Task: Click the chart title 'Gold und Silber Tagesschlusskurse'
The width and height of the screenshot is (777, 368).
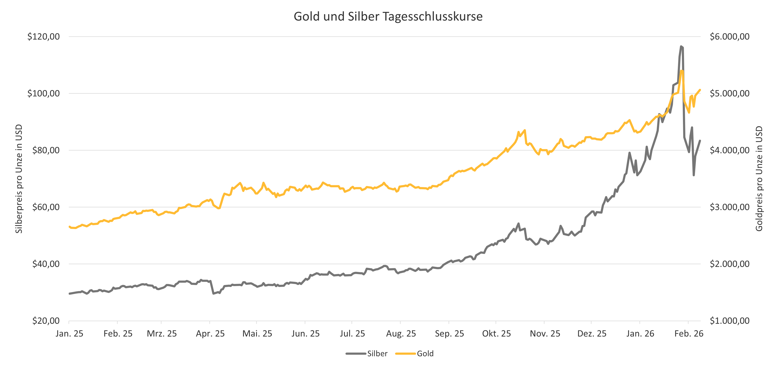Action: [388, 17]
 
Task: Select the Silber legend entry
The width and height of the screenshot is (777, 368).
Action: [377, 354]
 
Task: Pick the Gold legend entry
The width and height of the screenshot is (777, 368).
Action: [425, 354]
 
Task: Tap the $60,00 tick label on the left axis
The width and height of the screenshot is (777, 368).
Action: [46, 207]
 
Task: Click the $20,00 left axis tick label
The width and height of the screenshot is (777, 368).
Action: [46, 321]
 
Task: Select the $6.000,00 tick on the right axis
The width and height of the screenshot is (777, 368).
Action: [729, 36]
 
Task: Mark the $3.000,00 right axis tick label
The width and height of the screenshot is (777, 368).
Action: [729, 207]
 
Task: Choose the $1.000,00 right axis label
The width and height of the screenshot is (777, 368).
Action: [729, 321]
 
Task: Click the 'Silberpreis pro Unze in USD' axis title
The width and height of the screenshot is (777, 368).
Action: [19, 179]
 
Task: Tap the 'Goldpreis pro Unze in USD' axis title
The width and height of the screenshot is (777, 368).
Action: [759, 179]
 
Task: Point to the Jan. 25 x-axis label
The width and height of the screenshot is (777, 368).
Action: [69, 334]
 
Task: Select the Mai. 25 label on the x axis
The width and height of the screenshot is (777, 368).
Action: [257, 334]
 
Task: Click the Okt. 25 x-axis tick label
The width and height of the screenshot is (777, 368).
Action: [496, 334]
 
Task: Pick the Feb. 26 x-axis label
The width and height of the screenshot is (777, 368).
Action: [689, 334]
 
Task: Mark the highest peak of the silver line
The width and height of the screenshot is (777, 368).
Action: [681, 46]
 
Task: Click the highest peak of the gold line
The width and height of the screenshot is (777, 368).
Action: [682, 71]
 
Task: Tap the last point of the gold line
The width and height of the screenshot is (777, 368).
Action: [700, 89]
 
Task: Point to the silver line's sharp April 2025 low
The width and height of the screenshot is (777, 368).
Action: [214, 293]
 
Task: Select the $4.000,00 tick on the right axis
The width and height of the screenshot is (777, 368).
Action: [729, 150]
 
